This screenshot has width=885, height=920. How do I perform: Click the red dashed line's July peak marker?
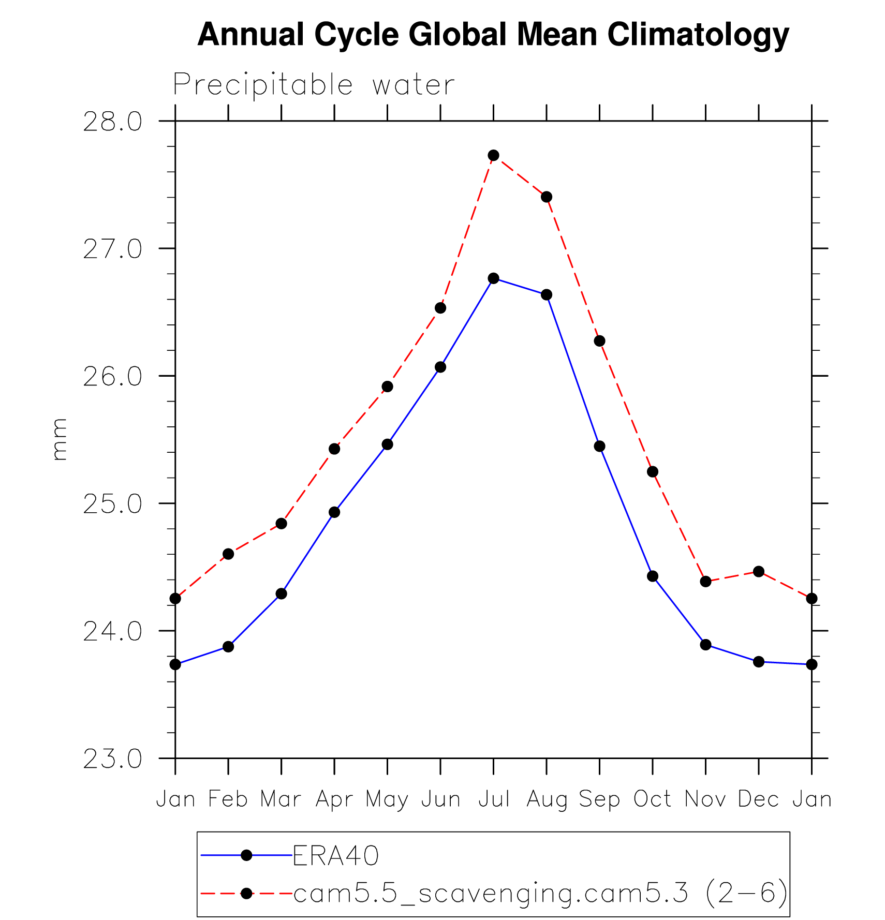tap(493, 155)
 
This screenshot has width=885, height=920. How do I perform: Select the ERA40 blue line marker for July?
tap(493, 278)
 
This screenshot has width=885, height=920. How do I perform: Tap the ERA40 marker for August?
tap(547, 295)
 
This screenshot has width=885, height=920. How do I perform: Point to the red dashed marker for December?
tap(759, 572)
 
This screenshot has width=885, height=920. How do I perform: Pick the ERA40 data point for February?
tap(228, 647)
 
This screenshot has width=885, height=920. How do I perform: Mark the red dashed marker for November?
tap(705, 582)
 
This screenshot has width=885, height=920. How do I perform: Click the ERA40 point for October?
tap(653, 576)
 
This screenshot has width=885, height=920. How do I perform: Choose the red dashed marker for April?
tap(334, 449)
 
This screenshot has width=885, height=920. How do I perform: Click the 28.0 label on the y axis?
tap(112, 122)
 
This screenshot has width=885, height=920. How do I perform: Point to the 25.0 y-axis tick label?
tap(112, 504)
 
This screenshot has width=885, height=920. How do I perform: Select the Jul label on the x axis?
tap(494, 799)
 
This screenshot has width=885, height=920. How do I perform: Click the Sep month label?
tap(599, 799)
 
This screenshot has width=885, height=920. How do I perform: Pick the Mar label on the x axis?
tap(281, 799)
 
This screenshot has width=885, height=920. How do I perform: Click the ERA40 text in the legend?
tap(336, 856)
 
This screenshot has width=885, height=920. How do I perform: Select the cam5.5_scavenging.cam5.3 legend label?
tap(491, 893)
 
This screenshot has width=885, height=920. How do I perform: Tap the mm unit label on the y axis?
tap(60, 439)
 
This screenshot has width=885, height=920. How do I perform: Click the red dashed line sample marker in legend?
tap(247, 894)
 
